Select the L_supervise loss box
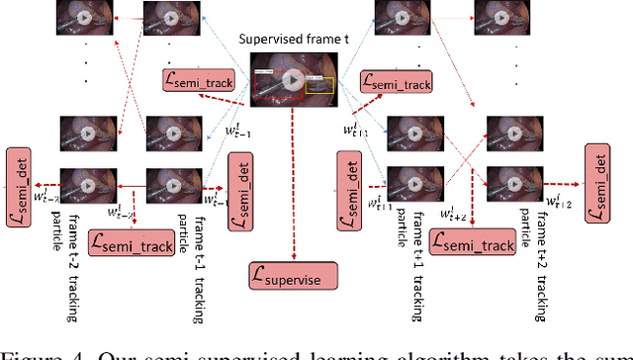(x=294, y=274)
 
